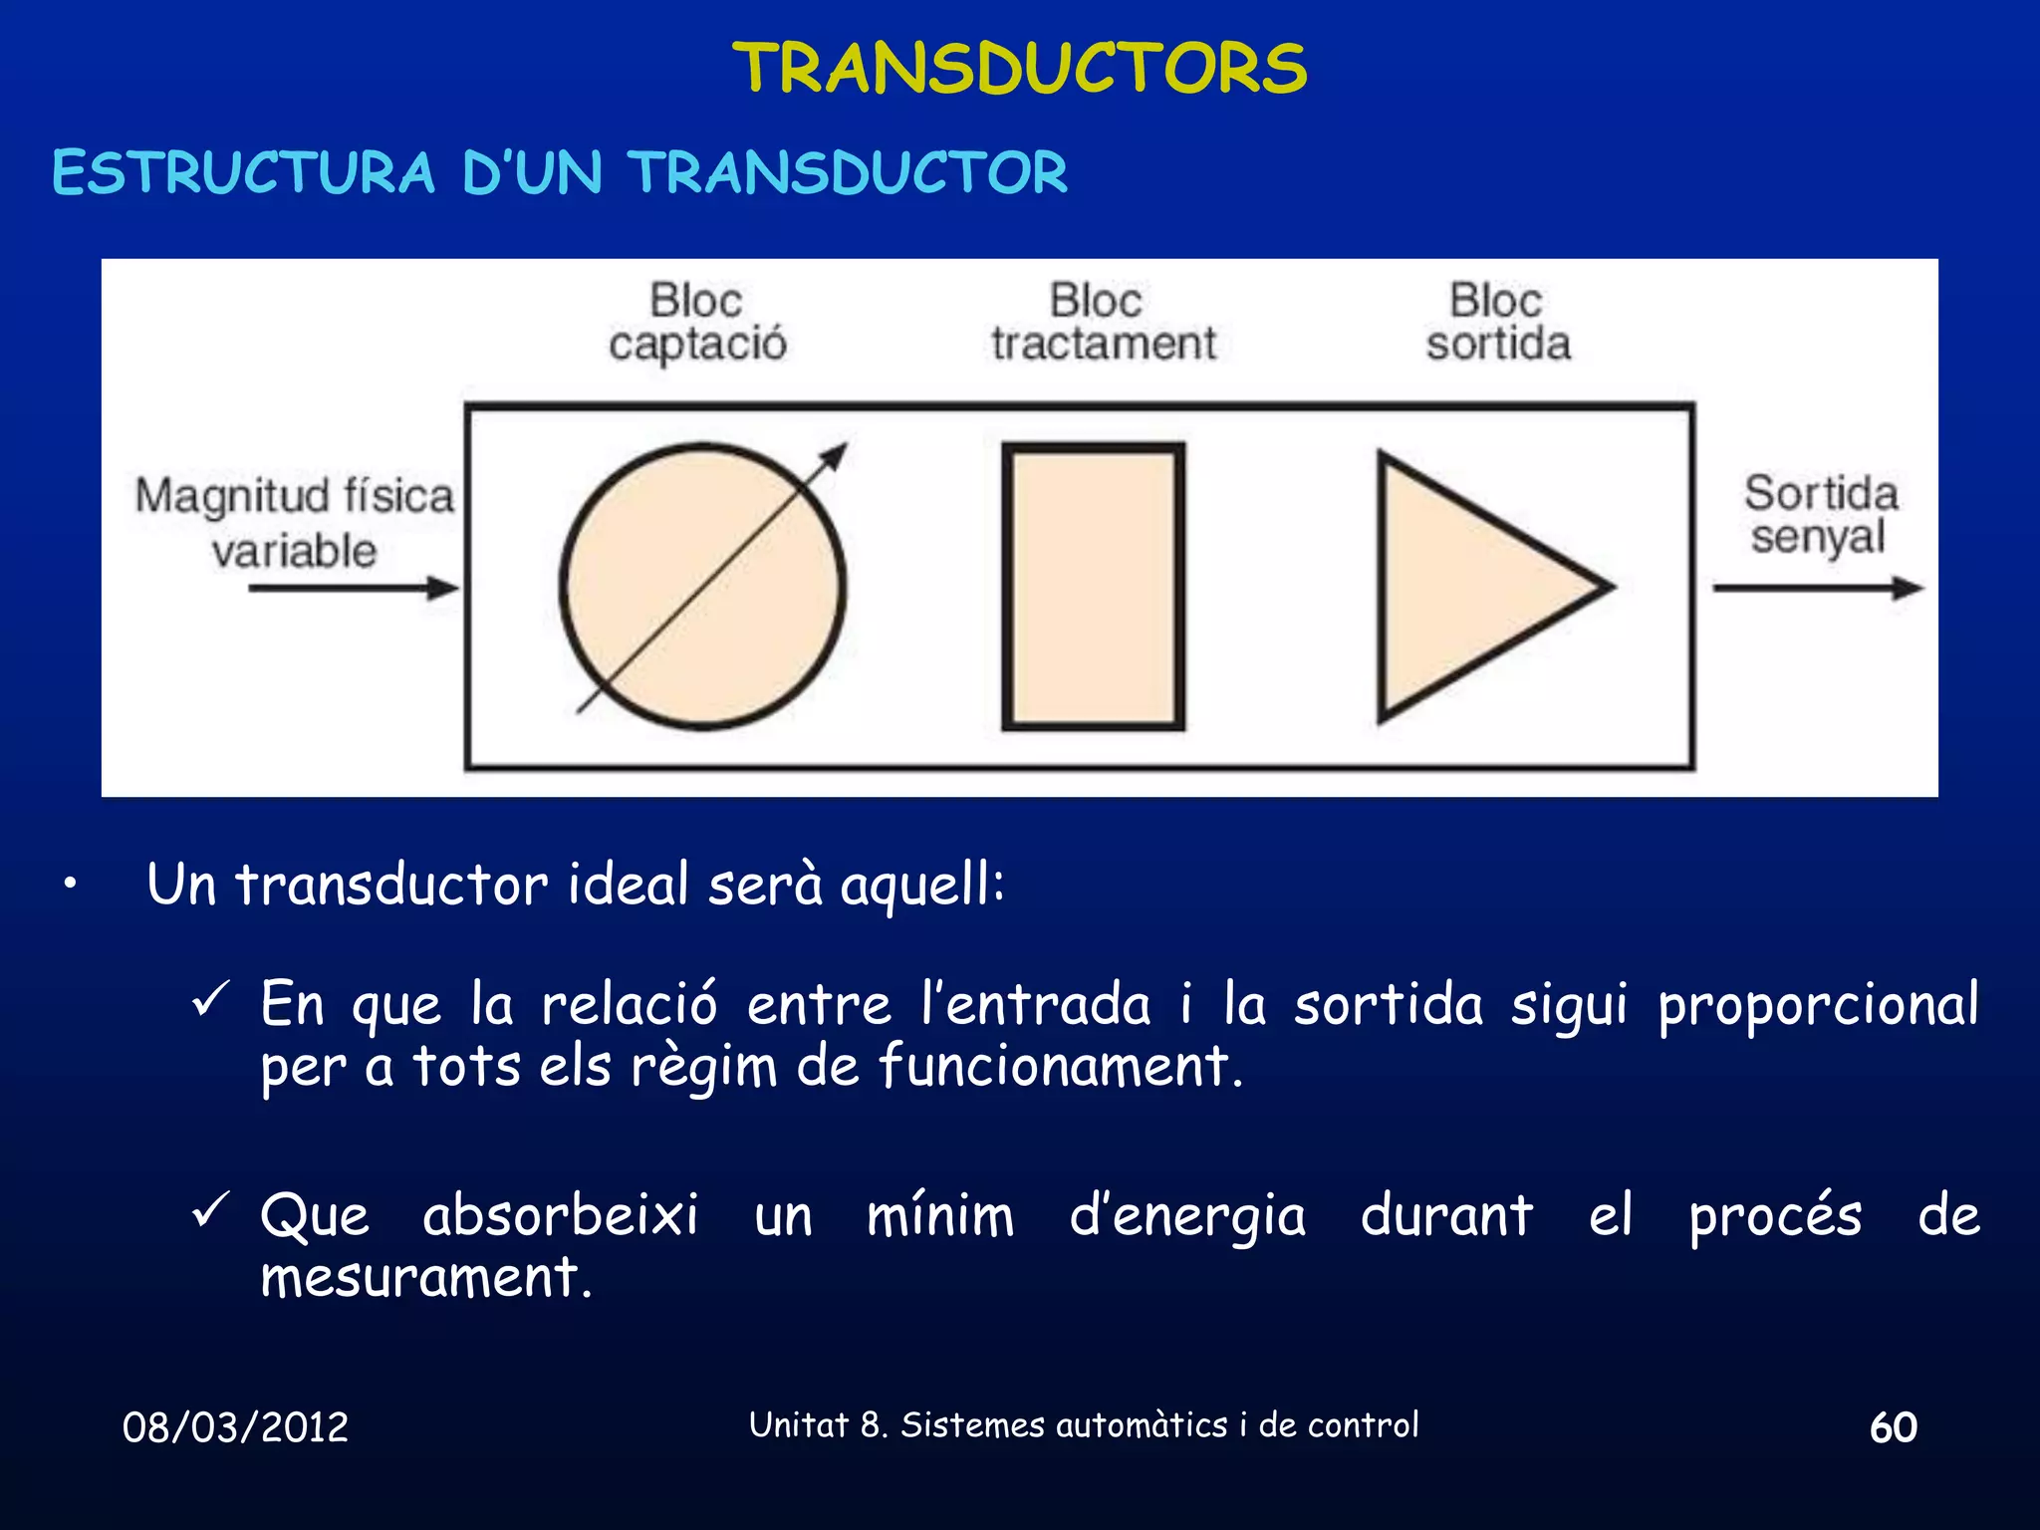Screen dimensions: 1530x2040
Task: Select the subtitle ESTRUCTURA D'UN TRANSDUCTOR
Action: tap(560, 172)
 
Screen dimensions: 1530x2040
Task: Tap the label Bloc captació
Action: tap(697, 322)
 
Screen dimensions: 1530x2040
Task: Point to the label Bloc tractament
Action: tap(1103, 322)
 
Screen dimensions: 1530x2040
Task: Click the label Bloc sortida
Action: tap(1498, 322)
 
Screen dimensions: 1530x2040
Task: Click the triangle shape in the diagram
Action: tap(1474, 588)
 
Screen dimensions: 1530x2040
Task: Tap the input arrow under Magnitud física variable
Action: tap(354, 588)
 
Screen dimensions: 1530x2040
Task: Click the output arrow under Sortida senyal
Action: tap(1818, 588)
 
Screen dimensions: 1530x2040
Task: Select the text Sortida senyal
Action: tap(1821, 515)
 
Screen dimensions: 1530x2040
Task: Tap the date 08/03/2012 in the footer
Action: tap(235, 1427)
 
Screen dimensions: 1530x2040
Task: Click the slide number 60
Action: tap(1893, 1427)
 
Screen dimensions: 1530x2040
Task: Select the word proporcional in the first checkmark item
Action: tap(1818, 1004)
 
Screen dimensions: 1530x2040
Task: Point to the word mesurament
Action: tap(425, 1277)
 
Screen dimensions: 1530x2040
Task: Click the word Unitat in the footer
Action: tap(798, 1425)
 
